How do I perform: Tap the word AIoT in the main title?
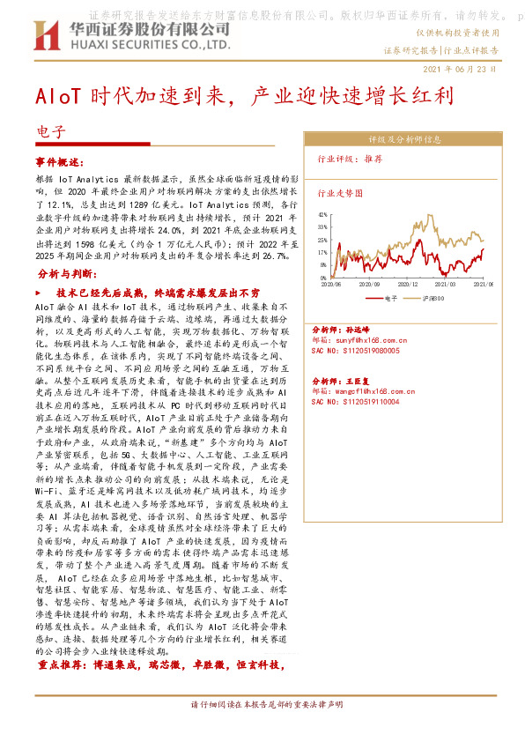coord(60,95)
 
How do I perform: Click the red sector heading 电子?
coord(51,133)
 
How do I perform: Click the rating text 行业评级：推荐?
coord(350,160)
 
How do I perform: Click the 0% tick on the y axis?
coord(323,276)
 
